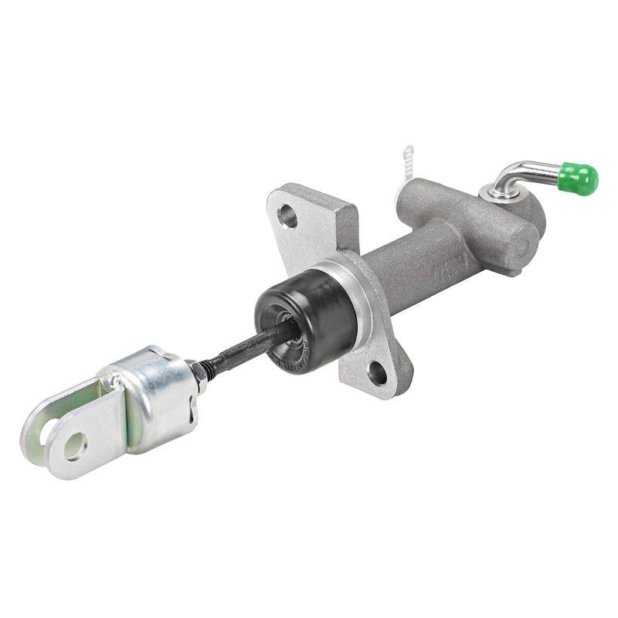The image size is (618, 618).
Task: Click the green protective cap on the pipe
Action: pos(579,178)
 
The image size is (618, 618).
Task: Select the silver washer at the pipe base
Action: pos(494,192)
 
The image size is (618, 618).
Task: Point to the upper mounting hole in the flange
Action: pos(288,217)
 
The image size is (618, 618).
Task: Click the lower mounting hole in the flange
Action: pos(377,373)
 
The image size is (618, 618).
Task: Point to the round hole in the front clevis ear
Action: pos(74,446)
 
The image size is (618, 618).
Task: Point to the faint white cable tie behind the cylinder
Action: pos(408,165)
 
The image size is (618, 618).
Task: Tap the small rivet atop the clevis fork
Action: pos(115,379)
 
